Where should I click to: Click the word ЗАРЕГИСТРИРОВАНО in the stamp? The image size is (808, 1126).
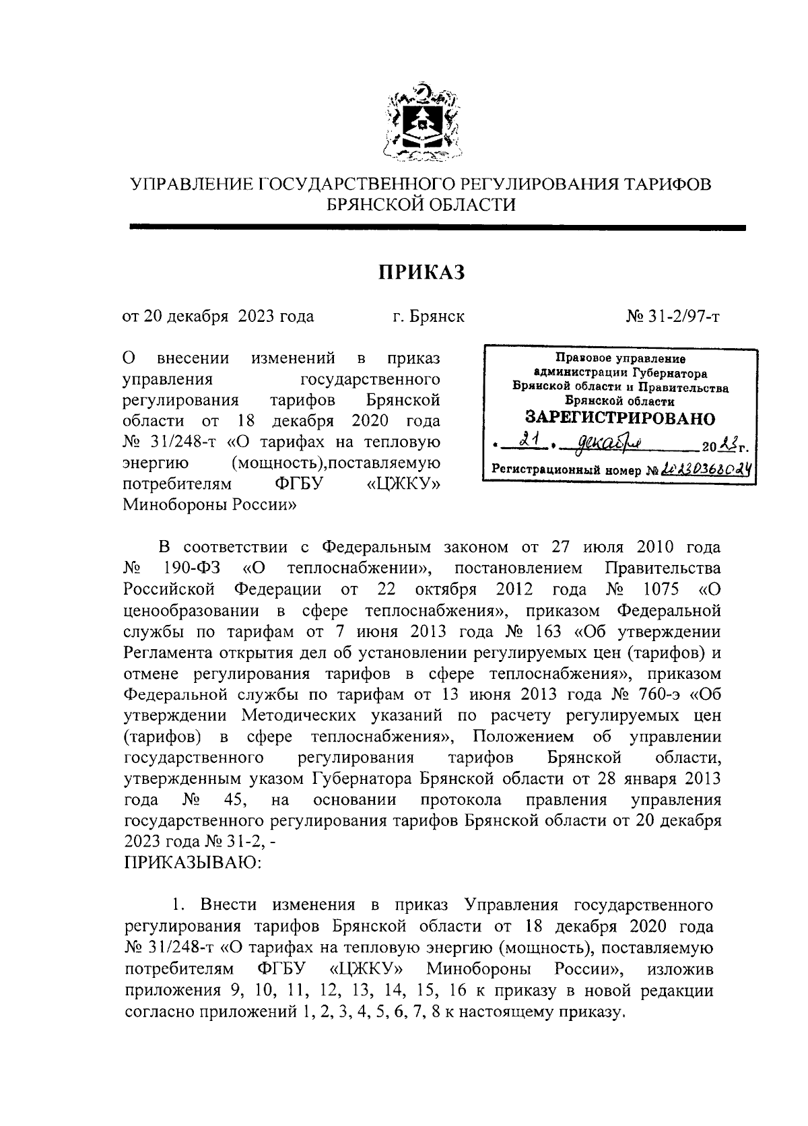click(619, 418)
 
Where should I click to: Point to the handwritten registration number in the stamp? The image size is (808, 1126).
click(707, 471)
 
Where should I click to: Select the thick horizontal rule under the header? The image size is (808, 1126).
click(438, 229)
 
